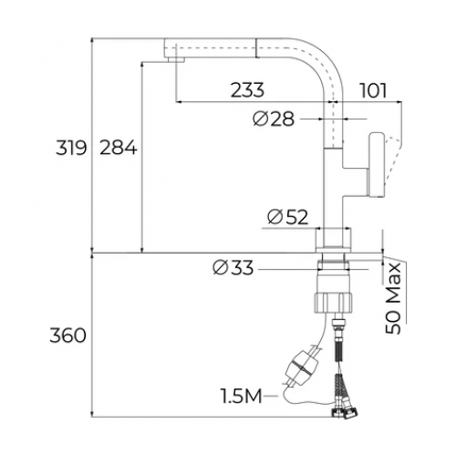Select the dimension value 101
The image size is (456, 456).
coord(374,89)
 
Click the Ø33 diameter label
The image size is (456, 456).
coord(233,267)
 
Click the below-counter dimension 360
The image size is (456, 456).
coord(68,336)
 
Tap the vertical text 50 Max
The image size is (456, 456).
coord(394,296)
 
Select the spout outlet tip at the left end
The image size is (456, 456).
coord(172,57)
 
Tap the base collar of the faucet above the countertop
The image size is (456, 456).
coord(333,240)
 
